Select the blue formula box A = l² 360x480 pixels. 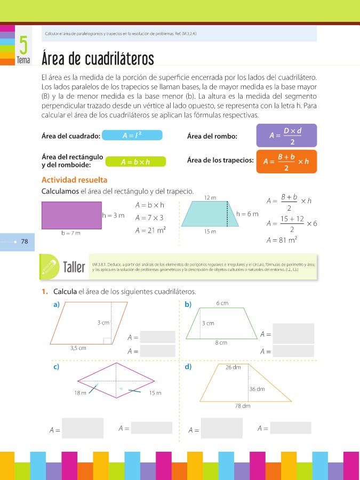[x=131, y=136]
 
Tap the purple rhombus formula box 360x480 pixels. [x=286, y=135]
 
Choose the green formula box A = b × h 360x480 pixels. [x=135, y=162]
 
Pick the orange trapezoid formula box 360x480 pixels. [x=286, y=162]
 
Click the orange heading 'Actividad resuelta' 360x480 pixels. [x=74, y=180]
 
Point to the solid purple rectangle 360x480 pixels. [x=71, y=215]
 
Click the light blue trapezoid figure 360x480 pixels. [x=210, y=214]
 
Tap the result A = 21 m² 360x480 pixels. [x=150, y=230]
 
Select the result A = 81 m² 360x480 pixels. [x=282, y=240]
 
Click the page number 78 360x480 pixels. [x=25, y=242]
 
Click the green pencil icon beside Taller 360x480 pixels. [x=50, y=265]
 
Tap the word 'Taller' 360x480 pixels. [x=74, y=267]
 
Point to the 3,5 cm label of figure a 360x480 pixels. [x=78, y=348]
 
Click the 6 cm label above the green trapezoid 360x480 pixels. [x=222, y=303]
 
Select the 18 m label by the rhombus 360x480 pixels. [x=81, y=393]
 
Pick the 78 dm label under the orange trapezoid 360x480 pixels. [x=243, y=406]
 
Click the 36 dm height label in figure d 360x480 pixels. [x=257, y=389]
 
